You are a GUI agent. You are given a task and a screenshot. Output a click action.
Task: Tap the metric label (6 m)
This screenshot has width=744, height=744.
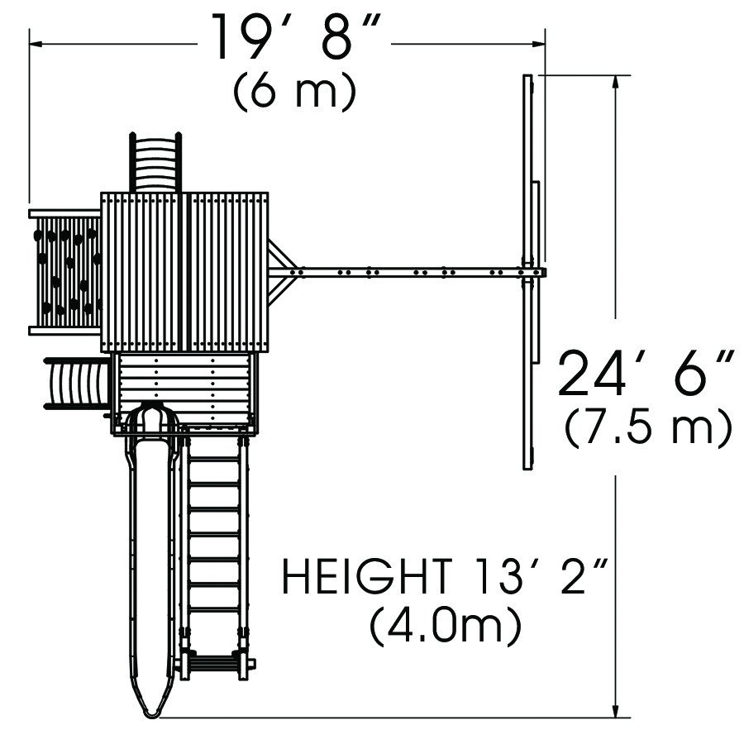coord(294,92)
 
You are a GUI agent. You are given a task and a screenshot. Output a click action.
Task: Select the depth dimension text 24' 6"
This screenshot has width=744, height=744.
coord(646,373)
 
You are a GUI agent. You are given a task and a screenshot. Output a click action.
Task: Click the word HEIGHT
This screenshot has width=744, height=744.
coord(367,576)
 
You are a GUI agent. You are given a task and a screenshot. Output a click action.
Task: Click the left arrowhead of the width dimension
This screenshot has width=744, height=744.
coord(37,44)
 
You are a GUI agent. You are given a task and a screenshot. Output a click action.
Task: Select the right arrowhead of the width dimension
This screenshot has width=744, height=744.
coord(537,44)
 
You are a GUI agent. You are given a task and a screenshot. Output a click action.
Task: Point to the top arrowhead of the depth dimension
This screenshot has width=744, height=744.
coord(616,83)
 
